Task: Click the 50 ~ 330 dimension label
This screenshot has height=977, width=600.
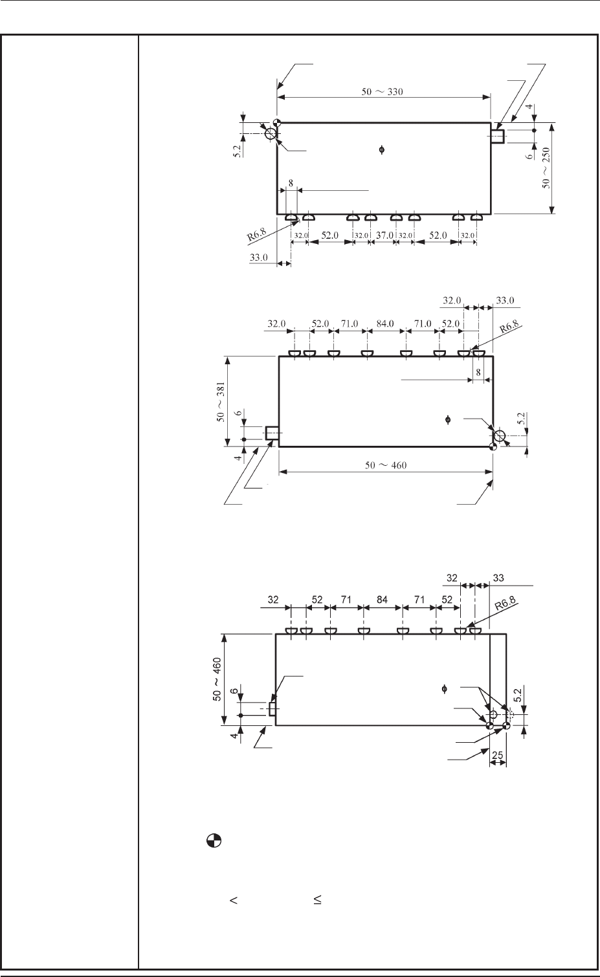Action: (x=382, y=92)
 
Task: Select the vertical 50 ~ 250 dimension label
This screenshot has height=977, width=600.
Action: (x=546, y=168)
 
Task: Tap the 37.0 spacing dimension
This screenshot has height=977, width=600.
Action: (x=384, y=235)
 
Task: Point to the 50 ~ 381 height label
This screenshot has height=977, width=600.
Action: (x=221, y=402)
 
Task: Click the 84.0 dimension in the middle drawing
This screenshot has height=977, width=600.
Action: (x=385, y=324)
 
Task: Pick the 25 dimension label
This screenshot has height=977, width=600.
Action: (x=498, y=754)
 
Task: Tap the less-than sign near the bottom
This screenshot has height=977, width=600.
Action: (x=234, y=900)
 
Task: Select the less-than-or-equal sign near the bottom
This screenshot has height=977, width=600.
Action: (x=317, y=899)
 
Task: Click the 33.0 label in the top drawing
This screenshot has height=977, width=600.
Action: (x=258, y=258)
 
